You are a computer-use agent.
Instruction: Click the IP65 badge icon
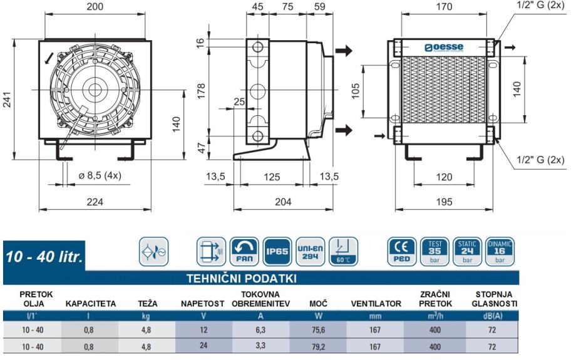(x=277, y=252)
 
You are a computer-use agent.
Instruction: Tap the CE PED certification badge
(x=402, y=252)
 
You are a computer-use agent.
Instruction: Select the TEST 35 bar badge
(x=435, y=252)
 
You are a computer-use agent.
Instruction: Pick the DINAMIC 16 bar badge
(x=500, y=252)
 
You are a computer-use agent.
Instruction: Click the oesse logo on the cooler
(x=444, y=48)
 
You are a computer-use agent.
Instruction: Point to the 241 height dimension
(x=7, y=99)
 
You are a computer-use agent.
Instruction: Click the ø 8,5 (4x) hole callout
(x=100, y=175)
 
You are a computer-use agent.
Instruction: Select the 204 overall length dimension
(x=283, y=202)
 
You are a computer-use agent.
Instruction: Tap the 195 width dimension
(x=444, y=202)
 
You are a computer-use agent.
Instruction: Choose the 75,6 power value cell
(x=318, y=330)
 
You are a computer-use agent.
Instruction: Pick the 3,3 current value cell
(x=260, y=346)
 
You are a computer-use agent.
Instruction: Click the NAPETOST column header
(x=202, y=304)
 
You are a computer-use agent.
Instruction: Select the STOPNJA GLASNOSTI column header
(x=494, y=299)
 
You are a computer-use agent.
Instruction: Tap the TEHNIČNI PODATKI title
(x=241, y=279)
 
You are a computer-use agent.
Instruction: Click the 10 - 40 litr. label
(x=44, y=257)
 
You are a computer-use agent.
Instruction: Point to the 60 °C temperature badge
(x=343, y=252)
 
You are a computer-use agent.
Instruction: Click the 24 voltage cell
(x=203, y=346)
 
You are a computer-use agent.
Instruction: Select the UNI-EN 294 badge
(x=310, y=252)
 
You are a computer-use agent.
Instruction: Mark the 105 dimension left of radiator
(x=355, y=91)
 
